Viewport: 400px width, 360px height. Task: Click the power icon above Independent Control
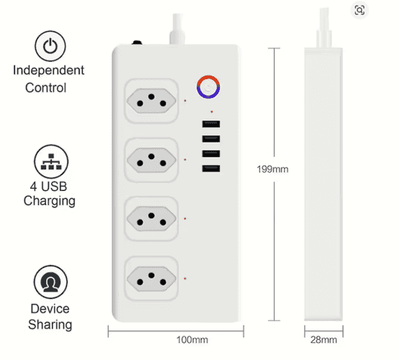click(50, 47)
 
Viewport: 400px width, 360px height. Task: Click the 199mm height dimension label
click(272, 170)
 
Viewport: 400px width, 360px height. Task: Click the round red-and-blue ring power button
click(208, 86)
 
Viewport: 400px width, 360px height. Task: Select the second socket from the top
click(151, 156)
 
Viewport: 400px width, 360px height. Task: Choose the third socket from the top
click(151, 215)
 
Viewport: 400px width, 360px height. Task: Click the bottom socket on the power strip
click(151, 275)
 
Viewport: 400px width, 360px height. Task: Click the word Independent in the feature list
click(48, 71)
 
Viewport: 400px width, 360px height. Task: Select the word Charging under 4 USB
click(50, 201)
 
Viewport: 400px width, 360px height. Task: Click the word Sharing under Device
click(50, 325)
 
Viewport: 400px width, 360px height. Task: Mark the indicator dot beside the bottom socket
click(185, 278)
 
